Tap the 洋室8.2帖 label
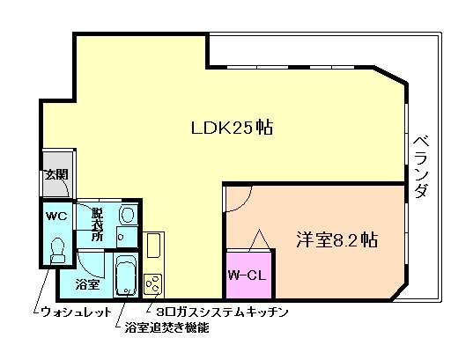point(337,238)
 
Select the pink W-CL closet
point(248,275)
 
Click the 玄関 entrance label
point(56,173)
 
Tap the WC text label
point(56,215)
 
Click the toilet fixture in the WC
point(58,251)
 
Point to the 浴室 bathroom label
point(86,283)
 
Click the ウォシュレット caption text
point(76,312)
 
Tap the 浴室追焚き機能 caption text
point(166,328)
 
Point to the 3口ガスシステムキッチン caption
point(221,312)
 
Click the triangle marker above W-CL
point(260,239)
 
